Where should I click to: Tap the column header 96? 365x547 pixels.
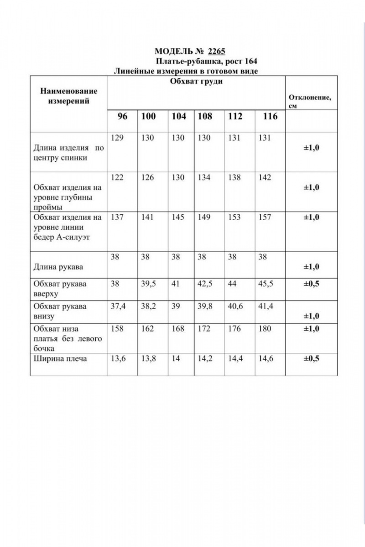(x=122, y=116)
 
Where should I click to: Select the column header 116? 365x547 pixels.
(x=270, y=116)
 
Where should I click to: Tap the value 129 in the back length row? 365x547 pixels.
(x=117, y=138)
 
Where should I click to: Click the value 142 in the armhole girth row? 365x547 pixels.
(x=265, y=178)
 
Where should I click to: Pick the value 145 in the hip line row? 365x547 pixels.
(x=178, y=217)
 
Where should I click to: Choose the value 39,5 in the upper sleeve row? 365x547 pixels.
(x=149, y=284)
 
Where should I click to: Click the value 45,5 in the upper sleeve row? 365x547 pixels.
(x=266, y=284)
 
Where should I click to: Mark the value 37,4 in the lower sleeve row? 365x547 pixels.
(x=118, y=306)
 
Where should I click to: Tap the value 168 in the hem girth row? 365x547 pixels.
(x=178, y=329)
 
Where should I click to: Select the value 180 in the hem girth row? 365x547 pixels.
(x=265, y=329)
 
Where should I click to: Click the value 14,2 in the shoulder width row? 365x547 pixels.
(x=205, y=359)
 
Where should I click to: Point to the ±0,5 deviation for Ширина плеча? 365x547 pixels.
(x=312, y=359)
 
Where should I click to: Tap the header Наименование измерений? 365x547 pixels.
(x=69, y=96)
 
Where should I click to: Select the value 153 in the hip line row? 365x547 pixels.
(x=235, y=217)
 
